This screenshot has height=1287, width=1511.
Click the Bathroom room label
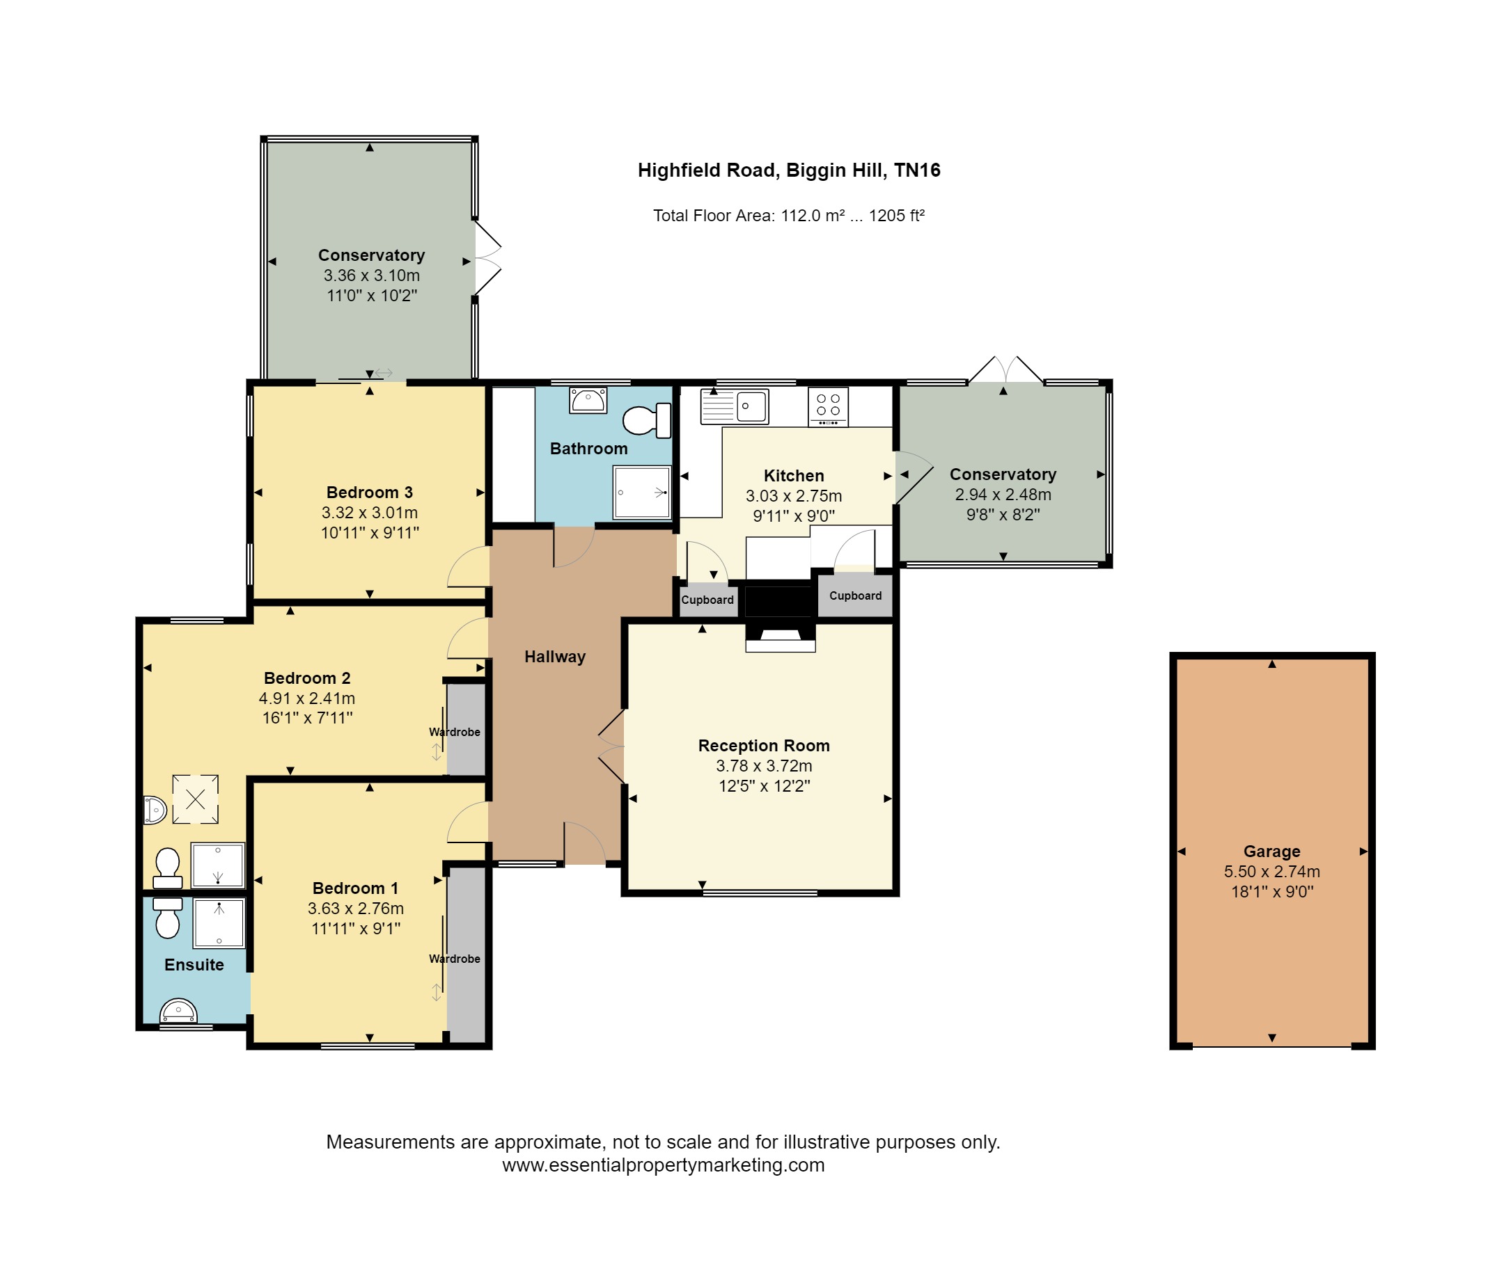(x=588, y=449)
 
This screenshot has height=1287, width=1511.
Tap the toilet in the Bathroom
(x=646, y=419)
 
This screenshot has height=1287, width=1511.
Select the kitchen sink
(x=735, y=406)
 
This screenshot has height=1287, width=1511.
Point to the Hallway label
(x=555, y=657)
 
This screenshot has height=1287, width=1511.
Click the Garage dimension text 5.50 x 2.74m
(x=1271, y=872)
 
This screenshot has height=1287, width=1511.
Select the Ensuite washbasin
(x=179, y=1011)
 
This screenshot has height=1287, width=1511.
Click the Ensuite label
(x=194, y=965)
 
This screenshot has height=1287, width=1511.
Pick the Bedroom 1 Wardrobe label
(x=454, y=959)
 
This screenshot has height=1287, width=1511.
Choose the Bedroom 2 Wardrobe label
(x=454, y=733)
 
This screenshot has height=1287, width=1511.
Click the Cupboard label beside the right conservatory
(x=855, y=596)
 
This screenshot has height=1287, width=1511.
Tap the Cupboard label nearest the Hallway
(x=707, y=600)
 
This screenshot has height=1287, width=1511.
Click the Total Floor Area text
(x=788, y=216)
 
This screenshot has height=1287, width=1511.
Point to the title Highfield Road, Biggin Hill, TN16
(x=789, y=170)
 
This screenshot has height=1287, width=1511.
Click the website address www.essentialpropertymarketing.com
(x=664, y=1165)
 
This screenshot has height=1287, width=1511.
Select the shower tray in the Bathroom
(x=642, y=492)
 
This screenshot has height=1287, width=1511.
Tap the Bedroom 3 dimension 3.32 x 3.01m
(x=370, y=513)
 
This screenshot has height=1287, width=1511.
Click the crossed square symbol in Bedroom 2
(x=196, y=799)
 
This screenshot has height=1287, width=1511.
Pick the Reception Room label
(x=765, y=746)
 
